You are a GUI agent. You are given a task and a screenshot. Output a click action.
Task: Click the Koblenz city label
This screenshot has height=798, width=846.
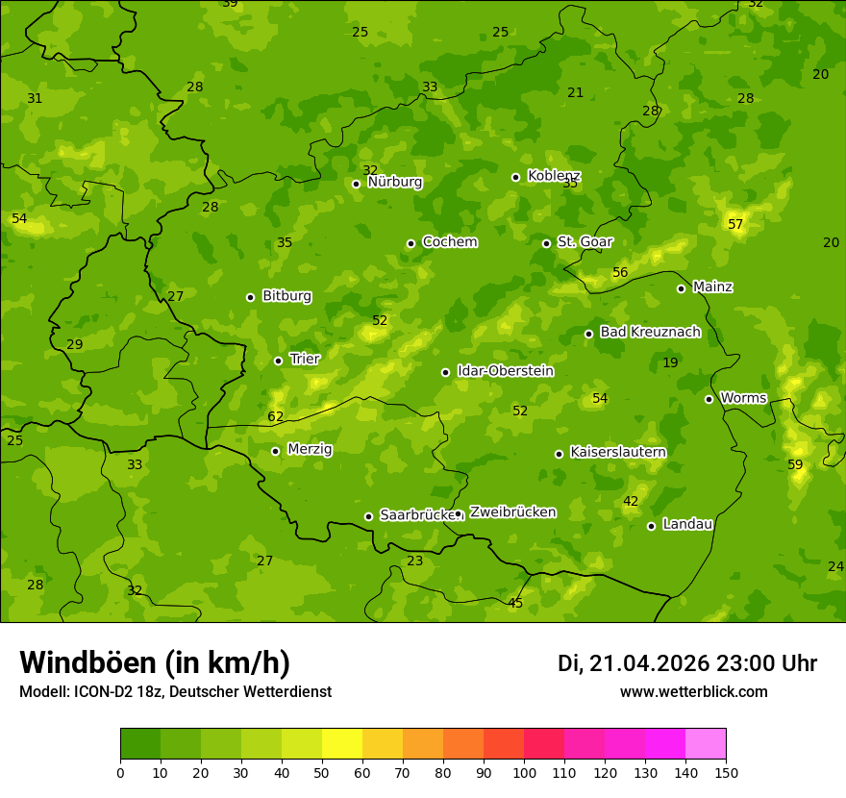554,176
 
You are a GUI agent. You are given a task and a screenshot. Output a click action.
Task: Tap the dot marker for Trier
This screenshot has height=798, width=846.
278,361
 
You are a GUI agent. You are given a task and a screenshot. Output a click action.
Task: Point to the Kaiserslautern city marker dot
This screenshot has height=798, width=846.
559,454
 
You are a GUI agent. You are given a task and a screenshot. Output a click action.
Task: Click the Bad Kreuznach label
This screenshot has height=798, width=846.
650,332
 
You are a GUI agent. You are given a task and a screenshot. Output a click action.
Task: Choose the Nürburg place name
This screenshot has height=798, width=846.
394,182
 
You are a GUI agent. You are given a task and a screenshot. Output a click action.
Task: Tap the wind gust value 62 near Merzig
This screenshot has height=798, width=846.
276,416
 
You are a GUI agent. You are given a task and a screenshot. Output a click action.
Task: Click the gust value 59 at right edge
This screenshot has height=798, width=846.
795,464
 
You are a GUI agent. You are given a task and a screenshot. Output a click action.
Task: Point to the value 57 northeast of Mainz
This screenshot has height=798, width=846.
735,224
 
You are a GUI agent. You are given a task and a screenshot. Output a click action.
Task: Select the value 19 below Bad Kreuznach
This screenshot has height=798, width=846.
670,362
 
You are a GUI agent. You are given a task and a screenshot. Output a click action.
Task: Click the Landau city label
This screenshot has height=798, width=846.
687,524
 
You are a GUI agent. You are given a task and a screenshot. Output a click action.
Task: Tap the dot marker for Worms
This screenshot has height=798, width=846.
709,399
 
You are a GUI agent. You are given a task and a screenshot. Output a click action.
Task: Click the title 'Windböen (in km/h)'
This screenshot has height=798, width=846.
155,662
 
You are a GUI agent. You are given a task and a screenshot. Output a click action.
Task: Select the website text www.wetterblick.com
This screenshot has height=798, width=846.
693,691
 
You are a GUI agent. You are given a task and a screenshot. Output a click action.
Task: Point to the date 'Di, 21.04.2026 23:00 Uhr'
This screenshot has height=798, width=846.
687,663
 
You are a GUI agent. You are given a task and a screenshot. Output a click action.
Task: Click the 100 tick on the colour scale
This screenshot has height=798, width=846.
524,772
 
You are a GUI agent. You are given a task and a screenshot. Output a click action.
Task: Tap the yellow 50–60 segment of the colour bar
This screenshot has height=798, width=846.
342,744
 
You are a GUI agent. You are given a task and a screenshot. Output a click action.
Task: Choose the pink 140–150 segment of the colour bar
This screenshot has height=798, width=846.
706,744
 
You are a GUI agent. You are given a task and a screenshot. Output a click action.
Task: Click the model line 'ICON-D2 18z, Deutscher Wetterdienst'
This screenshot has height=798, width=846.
174,691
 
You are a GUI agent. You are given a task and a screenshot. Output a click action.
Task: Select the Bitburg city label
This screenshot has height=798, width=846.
286,296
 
